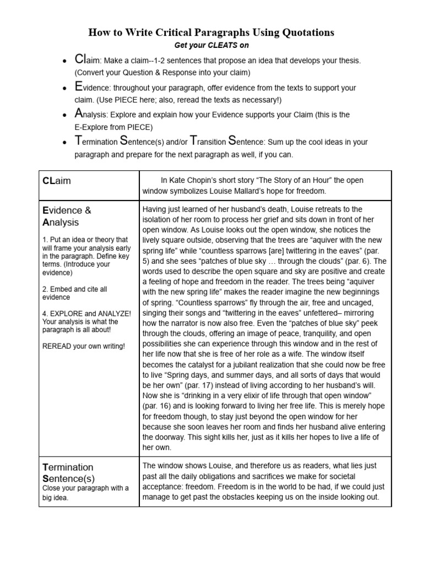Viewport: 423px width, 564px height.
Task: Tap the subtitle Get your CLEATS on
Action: (x=211, y=46)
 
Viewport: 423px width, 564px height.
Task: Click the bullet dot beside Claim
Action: (x=65, y=61)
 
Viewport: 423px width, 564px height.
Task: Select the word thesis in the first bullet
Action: (x=345, y=61)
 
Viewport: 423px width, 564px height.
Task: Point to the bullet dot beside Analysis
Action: (x=65, y=115)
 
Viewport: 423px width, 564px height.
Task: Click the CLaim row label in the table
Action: (x=57, y=181)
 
